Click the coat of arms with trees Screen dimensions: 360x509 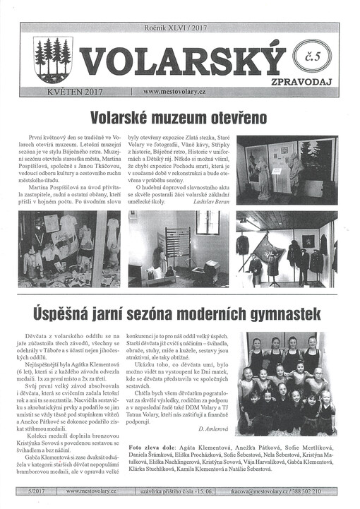(x=53, y=59)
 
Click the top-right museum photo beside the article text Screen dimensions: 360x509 (x=287, y=170)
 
